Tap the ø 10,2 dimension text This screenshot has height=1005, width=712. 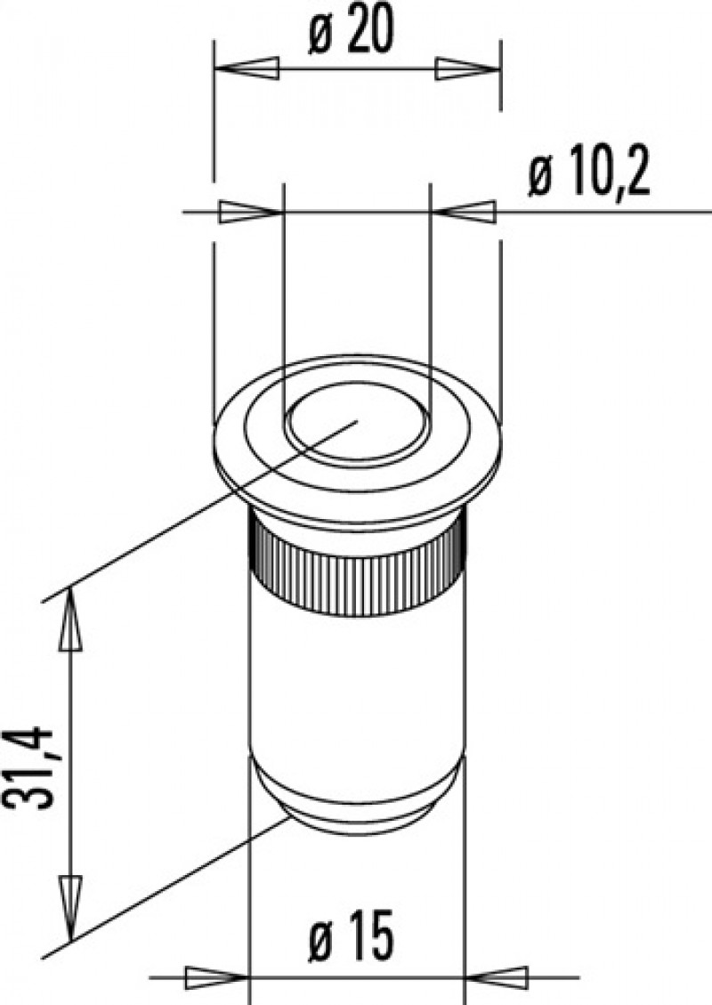(588, 179)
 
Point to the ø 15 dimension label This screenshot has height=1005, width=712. (355, 938)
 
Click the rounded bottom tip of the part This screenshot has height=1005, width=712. (356, 815)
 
